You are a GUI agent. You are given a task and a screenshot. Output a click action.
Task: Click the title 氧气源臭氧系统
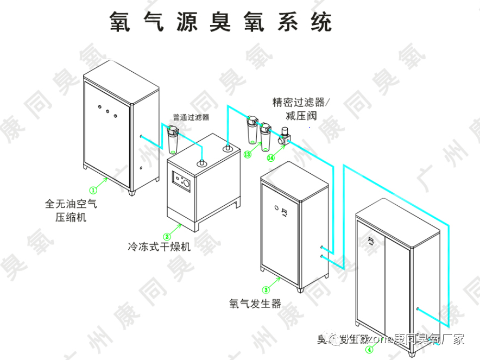coord(220,22)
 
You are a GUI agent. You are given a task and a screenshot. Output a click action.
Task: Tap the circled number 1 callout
coord(93,190)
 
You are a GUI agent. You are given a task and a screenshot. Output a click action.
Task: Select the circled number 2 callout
coord(167,236)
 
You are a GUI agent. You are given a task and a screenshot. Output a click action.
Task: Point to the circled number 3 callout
coord(266,289)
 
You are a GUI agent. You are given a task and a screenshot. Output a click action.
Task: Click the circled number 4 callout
coord(369,350)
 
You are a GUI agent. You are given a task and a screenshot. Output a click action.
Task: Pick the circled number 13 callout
coord(247,155)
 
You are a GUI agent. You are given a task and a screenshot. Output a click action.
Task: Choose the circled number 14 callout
coord(270,157)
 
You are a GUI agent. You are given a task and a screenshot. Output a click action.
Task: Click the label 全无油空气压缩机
coord(71,211)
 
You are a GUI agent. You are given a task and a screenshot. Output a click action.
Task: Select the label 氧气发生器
coord(255,304)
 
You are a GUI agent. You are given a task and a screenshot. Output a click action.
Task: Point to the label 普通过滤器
coord(191,117)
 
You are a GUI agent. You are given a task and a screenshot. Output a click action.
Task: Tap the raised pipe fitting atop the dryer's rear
coord(228,146)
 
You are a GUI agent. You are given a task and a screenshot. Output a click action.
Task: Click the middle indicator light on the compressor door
coord(108,111)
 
